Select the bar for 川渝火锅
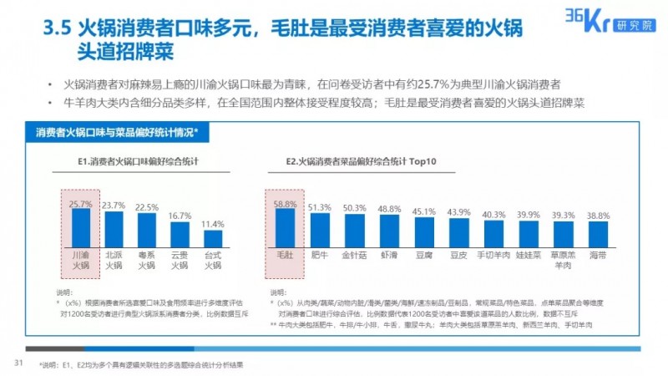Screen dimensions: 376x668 pos(81,226)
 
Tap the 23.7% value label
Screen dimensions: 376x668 pos(114,205)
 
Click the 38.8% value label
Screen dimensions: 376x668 pos(596,216)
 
